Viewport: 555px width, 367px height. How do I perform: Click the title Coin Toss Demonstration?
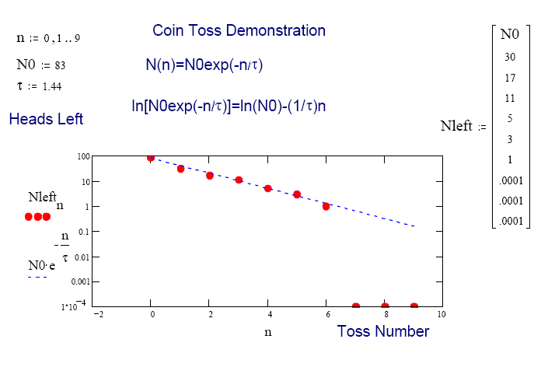(239, 31)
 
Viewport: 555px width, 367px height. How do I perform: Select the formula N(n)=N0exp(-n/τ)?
(204, 65)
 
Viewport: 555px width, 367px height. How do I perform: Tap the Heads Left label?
(46, 119)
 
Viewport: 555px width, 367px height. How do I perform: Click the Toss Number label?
(383, 332)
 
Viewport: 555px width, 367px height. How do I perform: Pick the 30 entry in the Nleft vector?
(510, 57)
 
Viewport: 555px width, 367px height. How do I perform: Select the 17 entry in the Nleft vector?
(510, 78)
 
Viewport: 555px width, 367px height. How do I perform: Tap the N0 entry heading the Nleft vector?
(510, 34)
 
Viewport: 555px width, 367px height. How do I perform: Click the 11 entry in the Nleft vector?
(510, 99)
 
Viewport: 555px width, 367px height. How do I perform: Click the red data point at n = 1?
(181, 169)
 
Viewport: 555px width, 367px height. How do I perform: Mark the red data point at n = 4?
(267, 188)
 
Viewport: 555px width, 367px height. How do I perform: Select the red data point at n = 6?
(326, 206)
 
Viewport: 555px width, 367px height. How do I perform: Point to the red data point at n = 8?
(385, 306)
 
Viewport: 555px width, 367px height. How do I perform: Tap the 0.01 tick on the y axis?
(81, 256)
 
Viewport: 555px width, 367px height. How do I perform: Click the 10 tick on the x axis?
(442, 315)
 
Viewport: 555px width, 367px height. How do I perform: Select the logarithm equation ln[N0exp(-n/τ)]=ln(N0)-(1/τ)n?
(229, 106)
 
